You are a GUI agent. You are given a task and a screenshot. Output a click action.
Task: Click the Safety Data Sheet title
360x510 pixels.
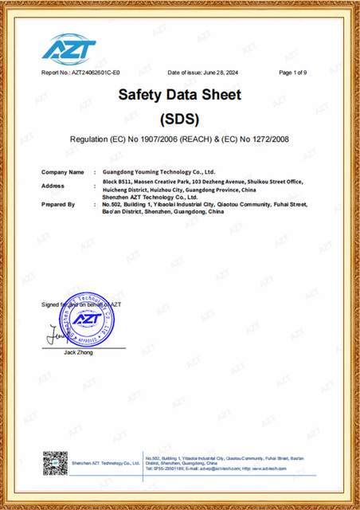[x=179, y=95]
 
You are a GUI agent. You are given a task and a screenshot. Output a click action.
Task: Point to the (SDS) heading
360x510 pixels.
[x=179, y=120]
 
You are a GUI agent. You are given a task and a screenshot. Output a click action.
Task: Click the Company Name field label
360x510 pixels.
[x=62, y=171]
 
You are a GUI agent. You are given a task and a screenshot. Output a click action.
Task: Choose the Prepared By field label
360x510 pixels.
[x=58, y=205]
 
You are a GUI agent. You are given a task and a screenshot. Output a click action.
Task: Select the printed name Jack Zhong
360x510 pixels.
[x=78, y=352]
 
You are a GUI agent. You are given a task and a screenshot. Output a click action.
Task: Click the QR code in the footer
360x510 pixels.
[x=55, y=465]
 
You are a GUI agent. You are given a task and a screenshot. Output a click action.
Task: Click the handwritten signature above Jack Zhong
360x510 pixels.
[x=56, y=335]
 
